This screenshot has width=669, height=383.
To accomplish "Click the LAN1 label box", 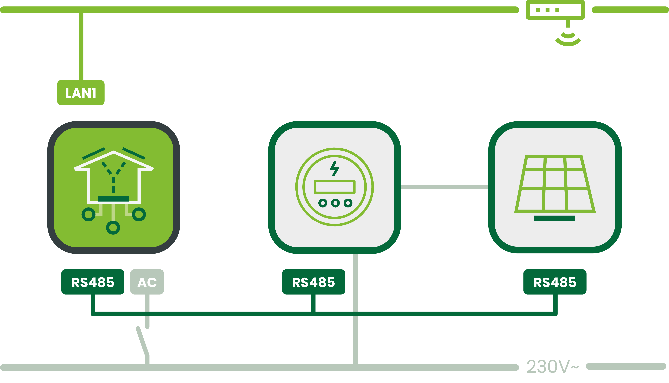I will [x=81, y=93].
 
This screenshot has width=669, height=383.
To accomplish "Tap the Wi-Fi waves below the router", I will [x=568, y=39].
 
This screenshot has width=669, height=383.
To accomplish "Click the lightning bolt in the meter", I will [x=334, y=168].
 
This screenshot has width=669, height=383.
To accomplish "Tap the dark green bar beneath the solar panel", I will [x=554, y=218].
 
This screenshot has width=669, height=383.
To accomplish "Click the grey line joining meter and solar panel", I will [x=444, y=187].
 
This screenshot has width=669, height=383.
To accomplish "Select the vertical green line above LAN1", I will [x=81, y=46].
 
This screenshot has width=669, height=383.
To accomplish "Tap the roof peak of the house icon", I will [x=114, y=152].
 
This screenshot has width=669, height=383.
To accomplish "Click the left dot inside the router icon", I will [x=538, y=10].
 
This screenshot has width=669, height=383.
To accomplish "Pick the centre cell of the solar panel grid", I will [x=555, y=179].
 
